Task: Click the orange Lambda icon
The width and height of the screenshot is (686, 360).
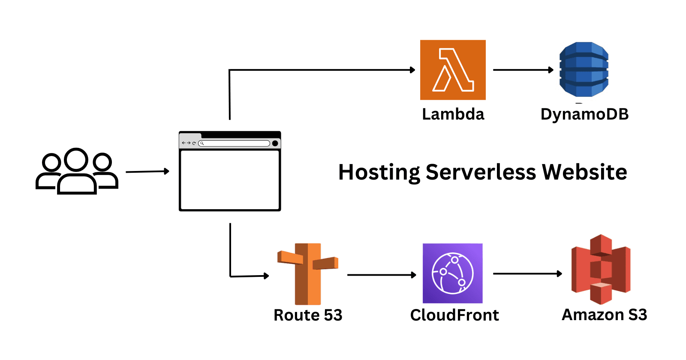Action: (x=453, y=70)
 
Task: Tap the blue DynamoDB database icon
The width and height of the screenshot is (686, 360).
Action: (x=584, y=69)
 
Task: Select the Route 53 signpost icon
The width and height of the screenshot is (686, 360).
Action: (x=308, y=273)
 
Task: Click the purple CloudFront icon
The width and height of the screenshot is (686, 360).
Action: (x=453, y=273)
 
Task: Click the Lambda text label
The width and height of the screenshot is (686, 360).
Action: (x=453, y=114)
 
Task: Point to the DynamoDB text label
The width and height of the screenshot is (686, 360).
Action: (x=584, y=114)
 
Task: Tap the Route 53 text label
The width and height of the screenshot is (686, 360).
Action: (x=308, y=315)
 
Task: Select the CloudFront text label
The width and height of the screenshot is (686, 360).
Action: (x=454, y=315)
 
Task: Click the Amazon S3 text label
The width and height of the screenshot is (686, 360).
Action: (x=604, y=315)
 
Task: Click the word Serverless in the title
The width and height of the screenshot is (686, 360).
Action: (x=481, y=172)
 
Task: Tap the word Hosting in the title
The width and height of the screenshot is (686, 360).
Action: (x=379, y=172)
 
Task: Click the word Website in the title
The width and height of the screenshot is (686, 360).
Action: (x=584, y=172)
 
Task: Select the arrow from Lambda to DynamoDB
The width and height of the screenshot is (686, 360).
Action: (x=523, y=70)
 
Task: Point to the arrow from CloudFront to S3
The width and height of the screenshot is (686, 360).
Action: (x=527, y=273)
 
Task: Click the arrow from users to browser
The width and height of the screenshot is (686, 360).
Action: (x=147, y=172)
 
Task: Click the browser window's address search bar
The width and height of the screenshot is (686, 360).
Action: (x=235, y=143)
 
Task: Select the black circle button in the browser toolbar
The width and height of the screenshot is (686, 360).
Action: (x=275, y=143)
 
